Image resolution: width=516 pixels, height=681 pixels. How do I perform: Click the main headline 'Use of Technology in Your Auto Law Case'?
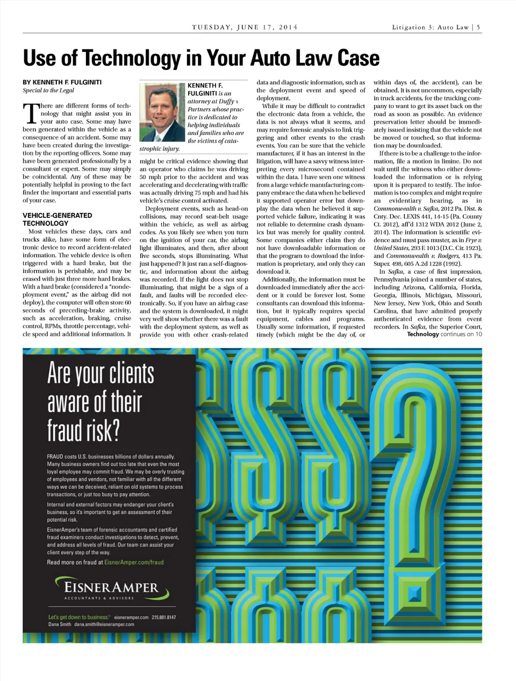tap(201, 58)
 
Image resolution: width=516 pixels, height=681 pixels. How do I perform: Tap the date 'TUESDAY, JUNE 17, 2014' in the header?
tap(245, 27)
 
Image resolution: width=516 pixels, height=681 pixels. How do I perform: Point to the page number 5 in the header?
tap(478, 27)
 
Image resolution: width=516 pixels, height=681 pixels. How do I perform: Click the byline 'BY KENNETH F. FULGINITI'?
tap(62, 82)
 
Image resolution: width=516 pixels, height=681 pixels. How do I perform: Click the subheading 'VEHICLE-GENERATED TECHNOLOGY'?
tap(57, 219)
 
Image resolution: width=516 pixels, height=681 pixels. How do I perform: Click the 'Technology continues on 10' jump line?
tap(444, 334)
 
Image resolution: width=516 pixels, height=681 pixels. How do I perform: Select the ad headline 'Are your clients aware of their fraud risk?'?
tap(101, 401)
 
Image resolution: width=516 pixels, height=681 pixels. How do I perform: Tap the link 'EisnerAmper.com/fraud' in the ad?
tap(134, 562)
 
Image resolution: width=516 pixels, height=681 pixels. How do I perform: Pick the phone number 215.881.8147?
tap(163, 617)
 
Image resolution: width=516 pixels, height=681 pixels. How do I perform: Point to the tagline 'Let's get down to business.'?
tap(79, 617)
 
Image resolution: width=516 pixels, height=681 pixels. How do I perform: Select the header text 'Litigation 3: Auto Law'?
tap(430, 27)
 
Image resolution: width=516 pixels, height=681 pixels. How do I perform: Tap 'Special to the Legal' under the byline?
tap(48, 90)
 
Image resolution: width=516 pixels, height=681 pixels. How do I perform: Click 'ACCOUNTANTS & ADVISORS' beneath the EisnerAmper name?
tap(99, 598)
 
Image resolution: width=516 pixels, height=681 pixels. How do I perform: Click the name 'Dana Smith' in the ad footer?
tap(59, 625)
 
